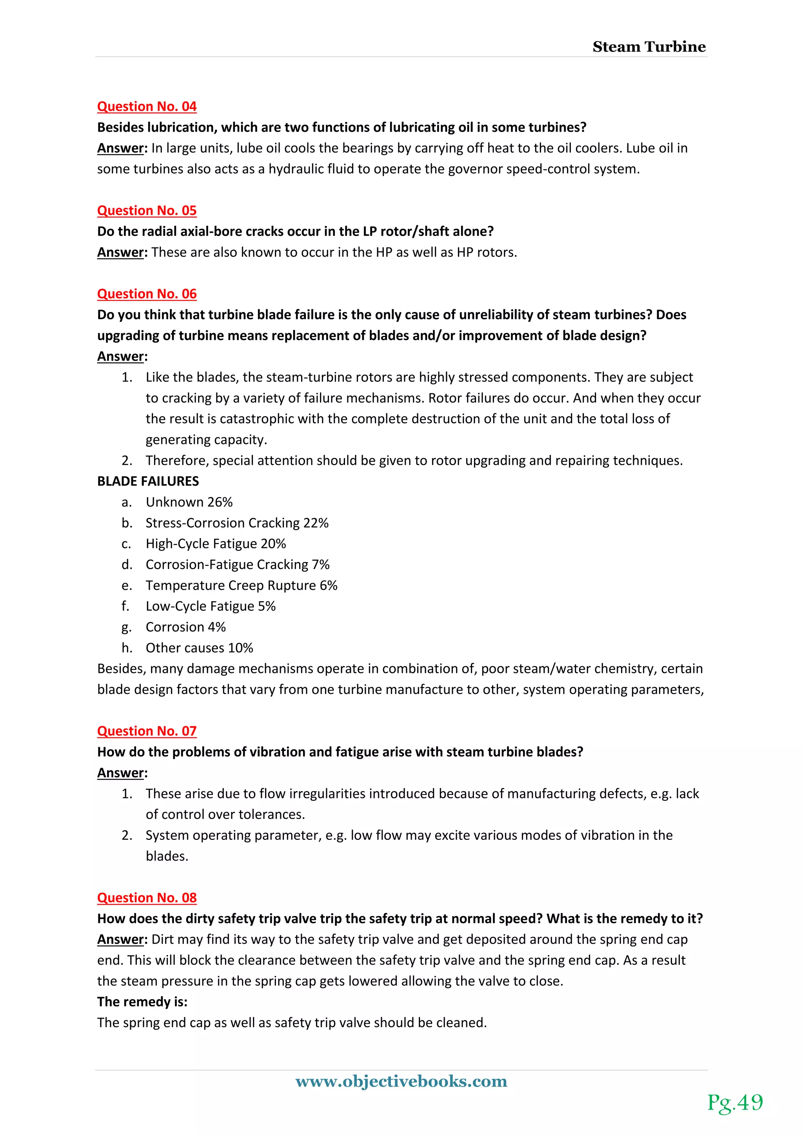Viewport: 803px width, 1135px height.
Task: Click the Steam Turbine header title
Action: click(649, 47)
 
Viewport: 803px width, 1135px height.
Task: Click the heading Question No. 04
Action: click(147, 106)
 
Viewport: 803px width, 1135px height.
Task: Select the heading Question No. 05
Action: click(147, 210)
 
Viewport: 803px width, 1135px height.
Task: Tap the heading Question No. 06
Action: click(147, 294)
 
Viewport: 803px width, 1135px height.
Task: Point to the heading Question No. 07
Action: click(147, 731)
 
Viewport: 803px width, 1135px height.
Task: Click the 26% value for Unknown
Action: click(220, 502)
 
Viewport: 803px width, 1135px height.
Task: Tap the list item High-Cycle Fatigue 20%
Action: click(216, 544)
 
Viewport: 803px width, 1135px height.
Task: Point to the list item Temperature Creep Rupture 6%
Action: click(241, 585)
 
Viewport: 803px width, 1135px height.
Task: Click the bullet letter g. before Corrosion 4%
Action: click(127, 627)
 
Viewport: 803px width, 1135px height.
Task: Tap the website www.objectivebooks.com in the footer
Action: click(401, 1081)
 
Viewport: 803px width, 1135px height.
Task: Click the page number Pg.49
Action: click(735, 1102)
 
